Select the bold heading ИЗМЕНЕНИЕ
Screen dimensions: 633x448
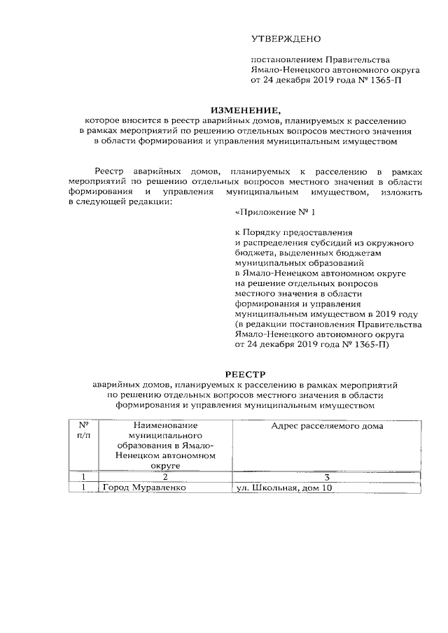point(245,110)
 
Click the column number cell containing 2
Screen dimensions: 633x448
point(165,476)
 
